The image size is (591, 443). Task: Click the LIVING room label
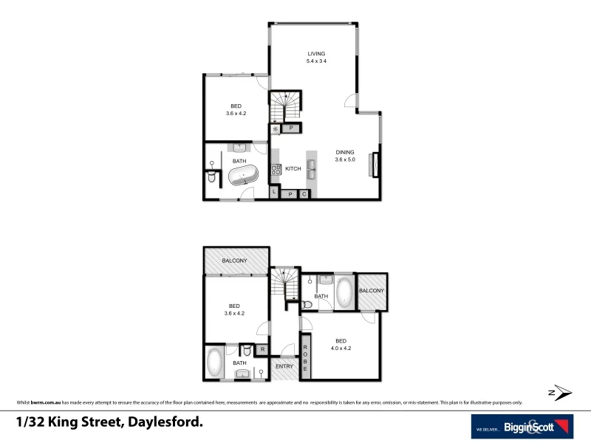[x=316, y=54]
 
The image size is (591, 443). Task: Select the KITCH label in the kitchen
[x=293, y=169]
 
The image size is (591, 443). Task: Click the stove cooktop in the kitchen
[x=276, y=170]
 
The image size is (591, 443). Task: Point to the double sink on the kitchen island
[x=312, y=170]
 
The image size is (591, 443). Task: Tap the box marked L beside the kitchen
[x=275, y=193]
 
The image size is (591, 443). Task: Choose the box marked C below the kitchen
[x=304, y=194]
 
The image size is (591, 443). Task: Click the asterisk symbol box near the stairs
[x=276, y=129]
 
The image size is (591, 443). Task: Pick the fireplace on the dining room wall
[x=376, y=163]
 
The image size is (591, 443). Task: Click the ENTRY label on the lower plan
[x=284, y=366]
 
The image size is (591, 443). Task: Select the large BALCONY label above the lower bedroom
[x=235, y=261]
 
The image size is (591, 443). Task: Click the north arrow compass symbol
[x=560, y=392]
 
